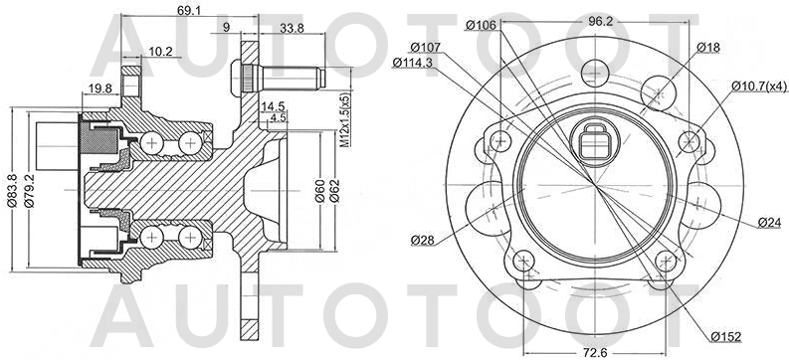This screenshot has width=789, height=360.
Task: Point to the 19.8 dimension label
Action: tap(99, 89)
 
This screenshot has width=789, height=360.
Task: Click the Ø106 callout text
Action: tap(483, 25)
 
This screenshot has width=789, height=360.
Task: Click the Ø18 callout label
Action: tap(708, 47)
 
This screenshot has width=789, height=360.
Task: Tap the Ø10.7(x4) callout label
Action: tap(755, 87)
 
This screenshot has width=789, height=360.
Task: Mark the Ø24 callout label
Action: tap(766, 222)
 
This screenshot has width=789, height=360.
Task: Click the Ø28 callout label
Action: tap(422, 240)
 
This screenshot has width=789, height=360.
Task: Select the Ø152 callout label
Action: tap(724, 334)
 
